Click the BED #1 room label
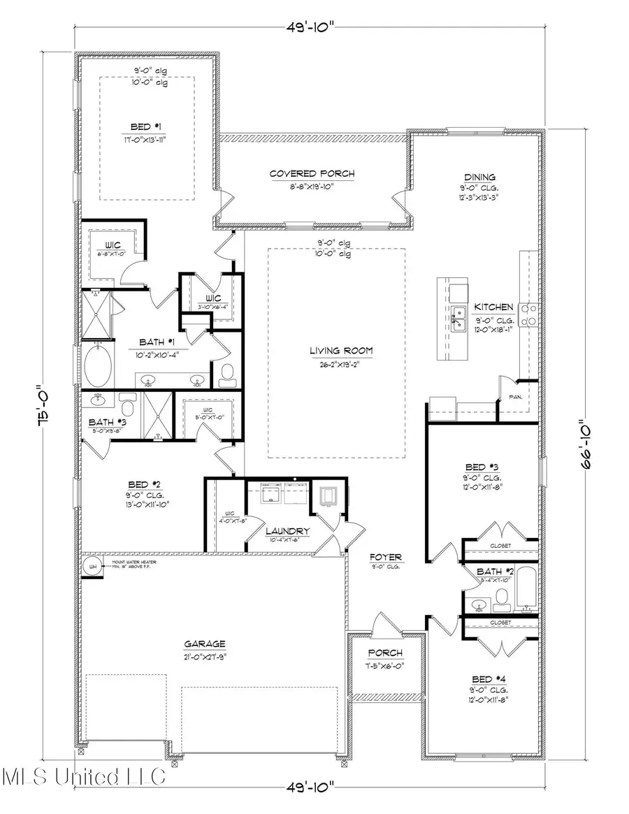[147, 126]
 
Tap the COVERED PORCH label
[312, 173]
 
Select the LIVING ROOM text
[342, 351]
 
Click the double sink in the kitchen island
[458, 318]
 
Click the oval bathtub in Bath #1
[100, 365]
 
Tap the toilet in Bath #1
[227, 374]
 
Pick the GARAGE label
[205, 644]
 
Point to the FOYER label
[387, 557]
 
